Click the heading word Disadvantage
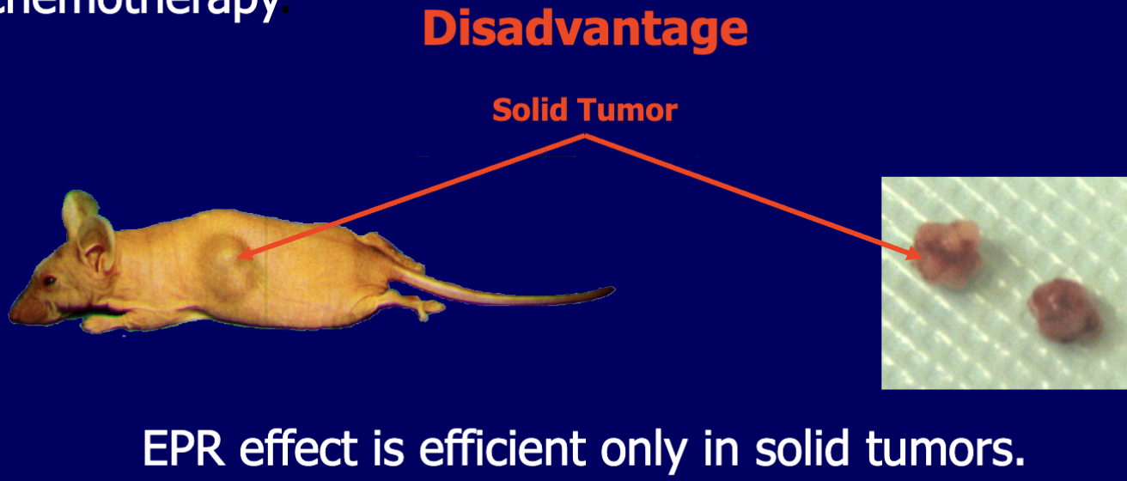point(584,30)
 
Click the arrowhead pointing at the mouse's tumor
point(244,253)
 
